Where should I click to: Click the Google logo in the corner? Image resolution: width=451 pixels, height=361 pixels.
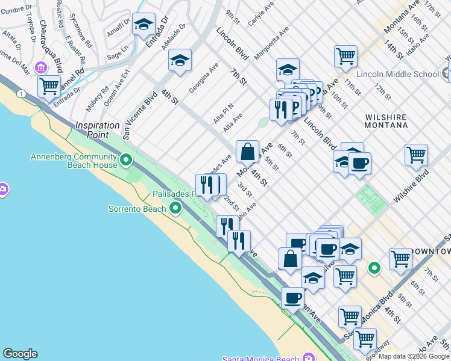point(20,354)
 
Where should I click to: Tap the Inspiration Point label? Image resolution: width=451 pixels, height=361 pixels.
point(98,130)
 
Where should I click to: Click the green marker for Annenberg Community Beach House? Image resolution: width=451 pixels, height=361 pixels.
point(126,160)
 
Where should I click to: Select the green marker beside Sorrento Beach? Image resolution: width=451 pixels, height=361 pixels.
point(175,208)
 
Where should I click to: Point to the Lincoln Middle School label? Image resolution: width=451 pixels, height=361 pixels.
point(398,74)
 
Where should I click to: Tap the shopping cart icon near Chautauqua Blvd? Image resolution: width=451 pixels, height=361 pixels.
point(49,85)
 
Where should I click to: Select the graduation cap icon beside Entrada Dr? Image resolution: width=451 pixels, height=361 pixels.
point(143,24)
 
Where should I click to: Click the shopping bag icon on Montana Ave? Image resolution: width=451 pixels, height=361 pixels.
point(247,151)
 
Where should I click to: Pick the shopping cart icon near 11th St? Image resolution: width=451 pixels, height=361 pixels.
point(346,56)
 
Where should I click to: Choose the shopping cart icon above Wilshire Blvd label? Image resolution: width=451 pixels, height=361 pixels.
point(416,155)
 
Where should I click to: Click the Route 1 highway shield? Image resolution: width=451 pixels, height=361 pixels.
point(22,93)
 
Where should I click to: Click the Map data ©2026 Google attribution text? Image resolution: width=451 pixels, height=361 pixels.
point(414,356)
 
